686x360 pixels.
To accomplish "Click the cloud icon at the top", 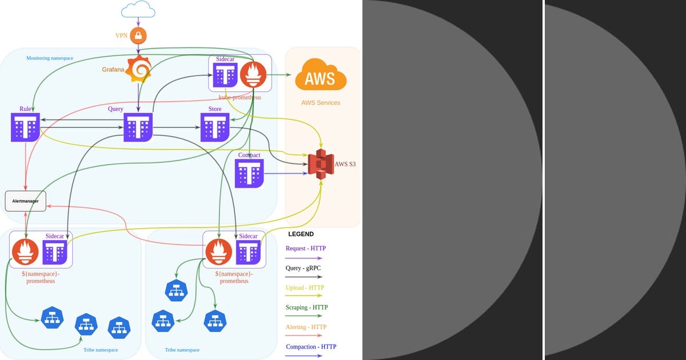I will (138, 9).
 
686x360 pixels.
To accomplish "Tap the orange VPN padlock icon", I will (138, 35).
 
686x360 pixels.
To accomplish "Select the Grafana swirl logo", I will (138, 69).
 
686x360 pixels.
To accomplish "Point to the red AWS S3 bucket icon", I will (321, 163).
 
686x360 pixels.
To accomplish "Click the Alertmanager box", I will (25, 201).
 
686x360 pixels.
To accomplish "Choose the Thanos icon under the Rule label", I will (25, 127).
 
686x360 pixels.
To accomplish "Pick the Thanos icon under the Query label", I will (138, 127).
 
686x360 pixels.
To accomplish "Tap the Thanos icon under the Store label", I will (215, 127).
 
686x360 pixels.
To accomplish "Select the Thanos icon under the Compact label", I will (249, 173).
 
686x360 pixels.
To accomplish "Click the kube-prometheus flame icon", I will (253, 74).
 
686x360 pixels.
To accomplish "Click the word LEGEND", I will (301, 234).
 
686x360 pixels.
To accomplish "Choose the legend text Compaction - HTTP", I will (311, 347).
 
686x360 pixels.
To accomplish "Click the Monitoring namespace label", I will (50, 58).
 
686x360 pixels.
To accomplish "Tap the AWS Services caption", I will (321, 103).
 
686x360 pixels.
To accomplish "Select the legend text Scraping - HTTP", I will (307, 307).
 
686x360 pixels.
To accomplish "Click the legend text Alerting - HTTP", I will (306, 327).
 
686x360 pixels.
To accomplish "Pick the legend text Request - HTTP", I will (306, 249).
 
